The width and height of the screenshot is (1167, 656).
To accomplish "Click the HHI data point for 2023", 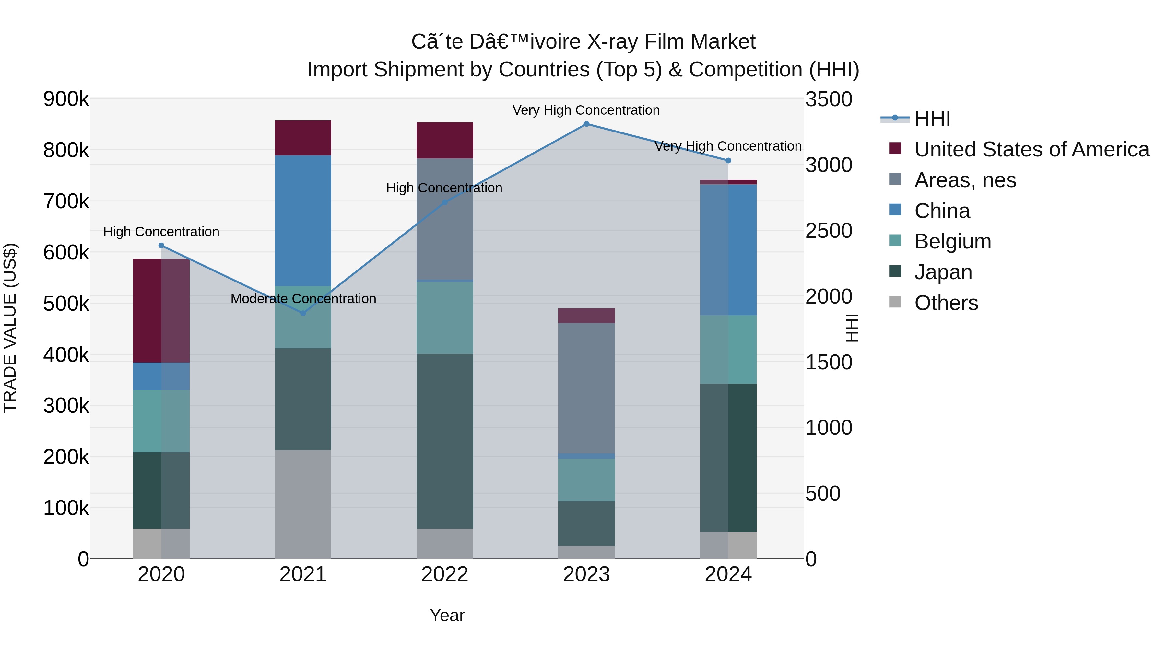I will [x=586, y=124].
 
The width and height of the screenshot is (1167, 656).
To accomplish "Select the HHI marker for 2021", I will [x=303, y=313].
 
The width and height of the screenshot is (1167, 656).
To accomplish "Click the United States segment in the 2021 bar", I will [x=303, y=138].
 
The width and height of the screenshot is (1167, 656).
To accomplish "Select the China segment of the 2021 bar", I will [x=303, y=221].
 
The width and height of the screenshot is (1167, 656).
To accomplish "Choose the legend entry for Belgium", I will [x=952, y=241].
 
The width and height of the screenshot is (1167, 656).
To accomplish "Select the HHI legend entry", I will [x=932, y=119].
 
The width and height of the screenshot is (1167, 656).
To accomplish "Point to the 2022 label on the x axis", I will [x=445, y=574].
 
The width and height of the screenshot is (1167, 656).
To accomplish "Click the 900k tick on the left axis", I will [x=66, y=99].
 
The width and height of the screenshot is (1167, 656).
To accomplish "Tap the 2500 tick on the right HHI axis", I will [x=829, y=231].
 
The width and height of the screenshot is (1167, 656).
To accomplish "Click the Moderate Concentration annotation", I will [x=303, y=299].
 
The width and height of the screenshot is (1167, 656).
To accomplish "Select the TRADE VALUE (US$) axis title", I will [x=10, y=328].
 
